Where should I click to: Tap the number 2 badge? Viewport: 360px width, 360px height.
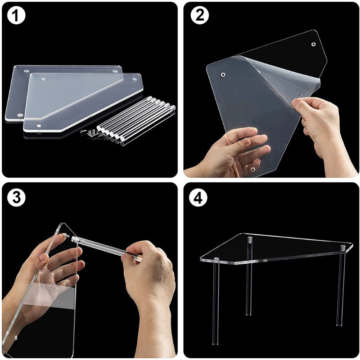198,17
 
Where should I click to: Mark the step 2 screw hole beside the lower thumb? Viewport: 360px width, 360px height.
253,170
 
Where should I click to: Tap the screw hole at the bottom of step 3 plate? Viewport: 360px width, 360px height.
17,337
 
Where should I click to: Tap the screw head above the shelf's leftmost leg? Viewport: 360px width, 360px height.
216,259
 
